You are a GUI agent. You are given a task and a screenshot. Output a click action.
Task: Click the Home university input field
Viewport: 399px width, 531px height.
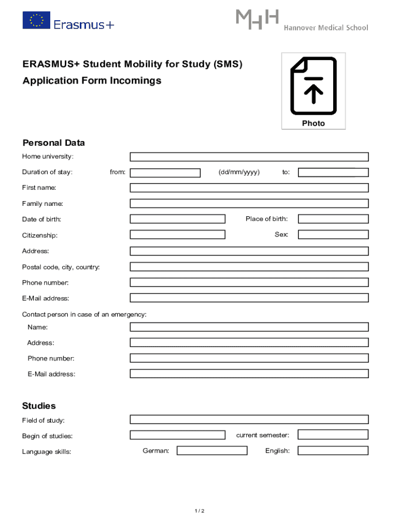click(249, 157)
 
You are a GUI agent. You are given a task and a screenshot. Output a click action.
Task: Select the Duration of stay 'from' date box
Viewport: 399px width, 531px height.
click(165, 173)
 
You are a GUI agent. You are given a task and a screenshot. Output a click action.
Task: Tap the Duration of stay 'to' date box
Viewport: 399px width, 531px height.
click(333, 173)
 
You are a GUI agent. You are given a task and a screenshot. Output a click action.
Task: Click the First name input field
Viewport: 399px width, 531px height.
click(249, 188)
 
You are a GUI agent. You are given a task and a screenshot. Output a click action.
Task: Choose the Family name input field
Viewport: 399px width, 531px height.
click(249, 203)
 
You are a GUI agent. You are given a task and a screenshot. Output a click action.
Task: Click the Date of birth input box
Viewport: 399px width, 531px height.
click(177, 219)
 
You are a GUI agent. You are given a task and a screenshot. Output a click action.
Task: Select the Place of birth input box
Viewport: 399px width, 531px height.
click(333, 219)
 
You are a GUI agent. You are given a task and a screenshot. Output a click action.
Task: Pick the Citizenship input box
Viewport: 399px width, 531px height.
click(177, 234)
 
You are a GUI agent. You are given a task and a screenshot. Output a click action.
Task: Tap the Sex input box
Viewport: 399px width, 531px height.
click(333, 234)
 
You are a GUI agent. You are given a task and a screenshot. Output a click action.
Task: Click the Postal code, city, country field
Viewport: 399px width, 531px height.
click(249, 267)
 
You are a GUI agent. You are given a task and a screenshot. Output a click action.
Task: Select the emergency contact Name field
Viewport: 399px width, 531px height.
click(249, 327)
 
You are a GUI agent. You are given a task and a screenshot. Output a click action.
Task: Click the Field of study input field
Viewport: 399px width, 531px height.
click(249, 419)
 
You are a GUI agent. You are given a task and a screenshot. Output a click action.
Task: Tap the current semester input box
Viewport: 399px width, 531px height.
click(333, 435)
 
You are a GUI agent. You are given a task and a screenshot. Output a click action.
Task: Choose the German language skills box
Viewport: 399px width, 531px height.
click(212, 451)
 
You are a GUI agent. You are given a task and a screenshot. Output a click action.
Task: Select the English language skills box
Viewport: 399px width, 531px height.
click(333, 451)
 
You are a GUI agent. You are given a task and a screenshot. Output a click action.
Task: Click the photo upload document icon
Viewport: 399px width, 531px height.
click(313, 86)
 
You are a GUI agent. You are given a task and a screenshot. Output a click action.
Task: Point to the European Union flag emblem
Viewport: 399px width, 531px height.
click(36, 20)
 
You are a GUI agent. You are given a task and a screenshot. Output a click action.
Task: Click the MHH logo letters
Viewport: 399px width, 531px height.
click(258, 19)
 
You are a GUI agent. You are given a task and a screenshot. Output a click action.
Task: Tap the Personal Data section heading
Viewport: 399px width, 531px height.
click(53, 143)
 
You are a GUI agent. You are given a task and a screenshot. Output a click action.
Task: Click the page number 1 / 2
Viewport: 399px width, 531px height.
click(199, 511)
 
